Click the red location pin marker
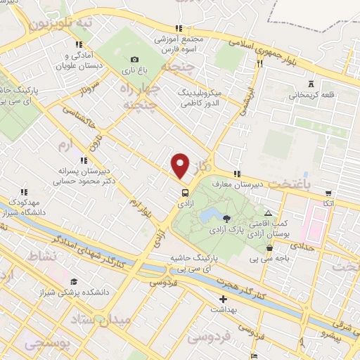[181, 166]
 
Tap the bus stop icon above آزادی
[185, 192]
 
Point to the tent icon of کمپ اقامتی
[267, 212]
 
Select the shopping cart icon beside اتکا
[328, 193]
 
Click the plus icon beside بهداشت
[224, 299]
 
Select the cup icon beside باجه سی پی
[270, 247]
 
